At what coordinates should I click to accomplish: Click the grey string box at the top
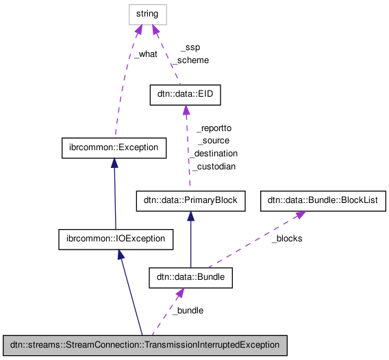[147, 14]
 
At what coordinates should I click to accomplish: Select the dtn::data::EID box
[186, 95]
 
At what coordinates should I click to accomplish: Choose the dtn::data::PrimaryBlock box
[190, 201]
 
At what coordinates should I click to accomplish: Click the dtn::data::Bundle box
[191, 278]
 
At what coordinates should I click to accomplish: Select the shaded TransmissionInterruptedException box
[144, 345]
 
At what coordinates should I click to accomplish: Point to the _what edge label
[145, 54]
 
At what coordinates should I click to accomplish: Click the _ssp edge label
[190, 48]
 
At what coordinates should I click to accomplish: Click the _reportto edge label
[214, 128]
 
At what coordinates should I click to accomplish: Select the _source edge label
[213, 141]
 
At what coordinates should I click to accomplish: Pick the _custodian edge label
[214, 167]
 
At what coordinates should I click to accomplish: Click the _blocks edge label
[286, 239]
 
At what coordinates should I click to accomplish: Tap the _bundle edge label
[187, 311]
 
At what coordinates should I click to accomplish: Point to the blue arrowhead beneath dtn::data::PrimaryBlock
[190, 216]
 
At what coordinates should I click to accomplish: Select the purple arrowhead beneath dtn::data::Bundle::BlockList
[300, 215]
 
